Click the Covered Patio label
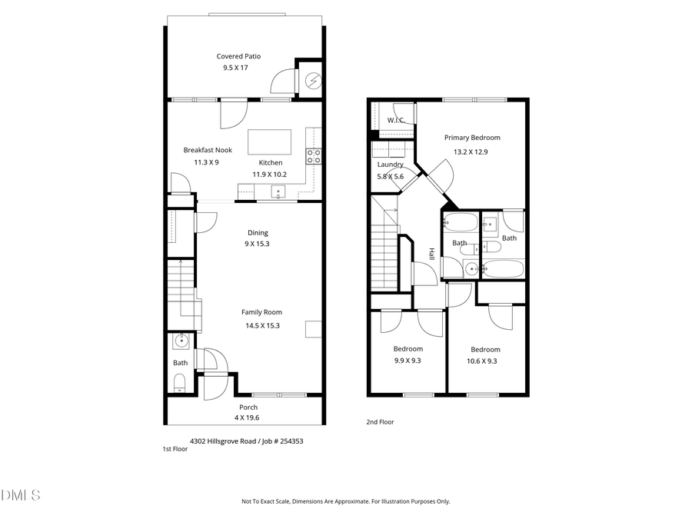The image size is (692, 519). (238, 56)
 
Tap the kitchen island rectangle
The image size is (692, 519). (269, 142)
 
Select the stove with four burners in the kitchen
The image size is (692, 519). (314, 156)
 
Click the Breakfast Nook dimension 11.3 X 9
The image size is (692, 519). (206, 162)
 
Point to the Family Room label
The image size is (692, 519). (261, 312)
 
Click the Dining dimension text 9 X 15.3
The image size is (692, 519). (257, 244)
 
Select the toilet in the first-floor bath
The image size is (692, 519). (180, 383)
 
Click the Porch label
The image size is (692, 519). (248, 408)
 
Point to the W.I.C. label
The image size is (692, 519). (395, 121)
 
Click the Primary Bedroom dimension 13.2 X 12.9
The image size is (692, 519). (471, 151)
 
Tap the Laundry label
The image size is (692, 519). (391, 165)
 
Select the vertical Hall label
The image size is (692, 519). (431, 254)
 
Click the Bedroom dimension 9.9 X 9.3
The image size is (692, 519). (408, 361)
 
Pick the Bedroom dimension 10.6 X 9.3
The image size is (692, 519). (485, 361)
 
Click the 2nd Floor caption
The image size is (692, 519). (380, 421)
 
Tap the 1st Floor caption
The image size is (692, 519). (175, 448)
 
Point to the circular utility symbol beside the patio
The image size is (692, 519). (313, 79)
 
